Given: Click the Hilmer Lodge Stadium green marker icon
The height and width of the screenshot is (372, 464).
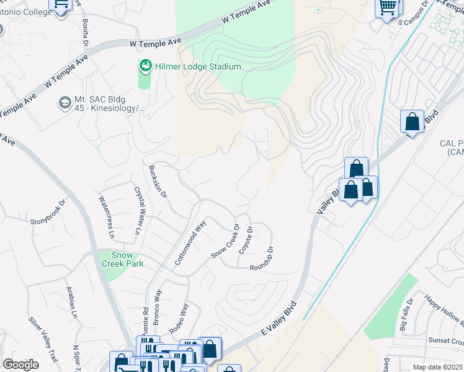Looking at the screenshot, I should click(x=145, y=66).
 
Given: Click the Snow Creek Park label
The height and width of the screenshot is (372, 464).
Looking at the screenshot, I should click(x=127, y=259).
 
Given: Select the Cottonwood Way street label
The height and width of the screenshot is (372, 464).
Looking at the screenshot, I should click(x=190, y=245).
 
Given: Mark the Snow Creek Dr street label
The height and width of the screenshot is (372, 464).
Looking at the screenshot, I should click(x=225, y=241).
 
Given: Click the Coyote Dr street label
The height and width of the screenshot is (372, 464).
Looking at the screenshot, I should click(x=249, y=238).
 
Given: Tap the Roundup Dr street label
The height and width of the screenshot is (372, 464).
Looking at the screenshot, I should click(x=262, y=259).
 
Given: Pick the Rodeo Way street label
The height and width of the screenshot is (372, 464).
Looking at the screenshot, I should click(x=183, y=317).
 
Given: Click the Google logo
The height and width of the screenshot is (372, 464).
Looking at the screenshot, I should click(x=21, y=365).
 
